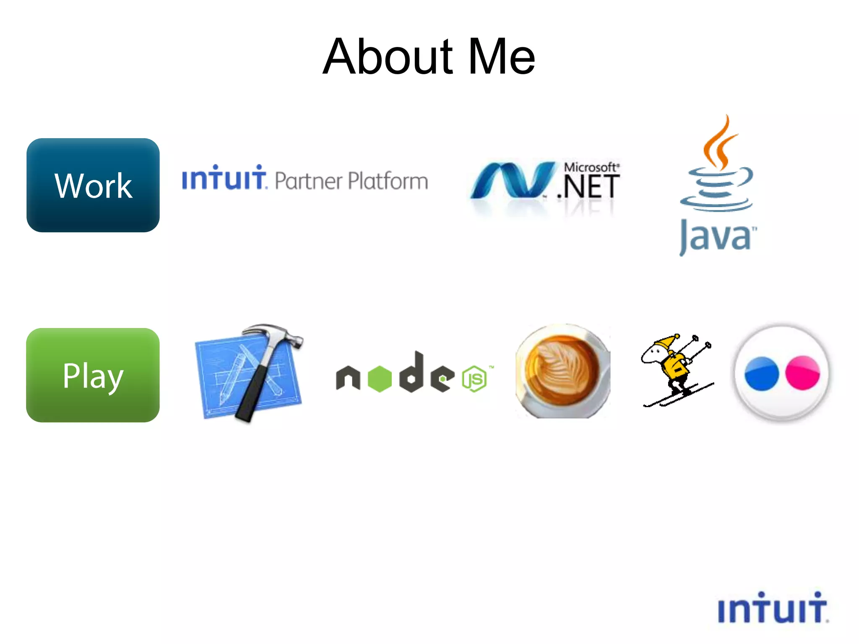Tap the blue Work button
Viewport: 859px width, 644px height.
tap(93, 185)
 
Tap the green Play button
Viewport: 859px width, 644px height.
tap(93, 375)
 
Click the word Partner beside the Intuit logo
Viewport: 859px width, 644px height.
tap(309, 181)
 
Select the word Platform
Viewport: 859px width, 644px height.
tap(388, 181)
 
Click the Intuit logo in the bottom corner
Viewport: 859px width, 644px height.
tap(773, 608)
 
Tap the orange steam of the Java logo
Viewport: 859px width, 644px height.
tap(721, 145)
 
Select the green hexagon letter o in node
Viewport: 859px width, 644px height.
tap(380, 379)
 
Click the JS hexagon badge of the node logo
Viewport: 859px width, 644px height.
tap(474, 379)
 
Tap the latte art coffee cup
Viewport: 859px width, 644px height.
tap(562, 371)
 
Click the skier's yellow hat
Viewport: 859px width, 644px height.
tap(667, 342)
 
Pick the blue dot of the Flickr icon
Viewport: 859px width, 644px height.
tap(761, 374)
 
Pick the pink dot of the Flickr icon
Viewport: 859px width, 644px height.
tap(802, 373)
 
